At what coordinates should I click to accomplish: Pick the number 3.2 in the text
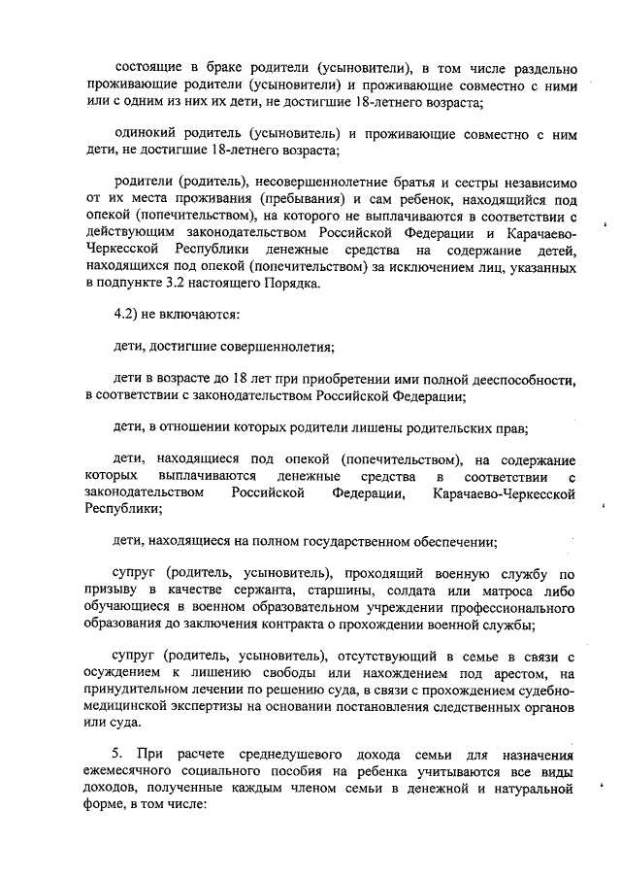coord(182,283)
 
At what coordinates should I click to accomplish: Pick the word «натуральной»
coord(530,788)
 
